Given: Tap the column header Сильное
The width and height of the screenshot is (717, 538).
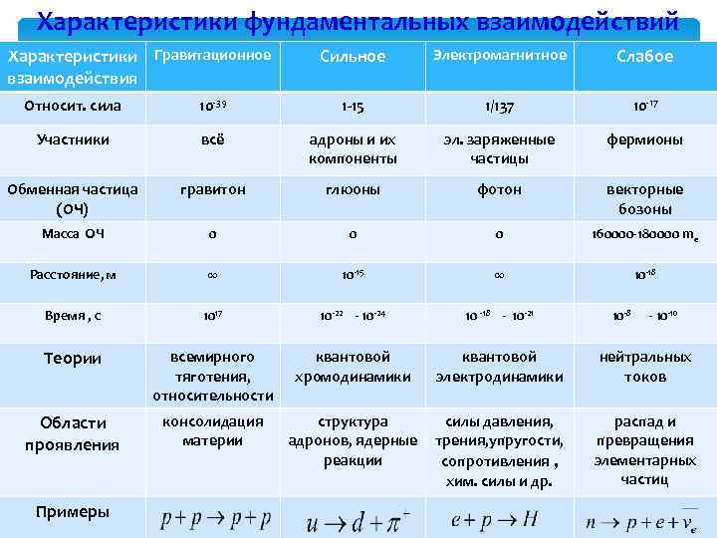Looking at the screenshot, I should (x=353, y=57).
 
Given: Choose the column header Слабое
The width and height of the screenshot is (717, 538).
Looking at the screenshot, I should (x=645, y=57).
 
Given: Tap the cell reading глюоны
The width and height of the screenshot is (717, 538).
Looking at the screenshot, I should (x=353, y=189).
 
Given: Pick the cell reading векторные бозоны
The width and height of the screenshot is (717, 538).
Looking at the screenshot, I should (x=645, y=199).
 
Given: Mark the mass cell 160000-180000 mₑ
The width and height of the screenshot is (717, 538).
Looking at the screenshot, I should (x=645, y=235).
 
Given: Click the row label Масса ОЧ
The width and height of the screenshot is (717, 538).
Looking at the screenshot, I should (x=74, y=234).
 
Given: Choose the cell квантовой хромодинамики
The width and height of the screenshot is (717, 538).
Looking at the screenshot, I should (x=353, y=367).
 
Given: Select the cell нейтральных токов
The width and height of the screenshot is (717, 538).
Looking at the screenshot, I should (x=645, y=367).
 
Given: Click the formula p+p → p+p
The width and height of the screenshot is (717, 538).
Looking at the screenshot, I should (x=216, y=518).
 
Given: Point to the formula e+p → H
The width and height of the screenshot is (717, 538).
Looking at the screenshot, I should (x=495, y=518).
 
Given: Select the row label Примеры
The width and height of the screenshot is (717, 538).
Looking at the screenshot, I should (x=73, y=511).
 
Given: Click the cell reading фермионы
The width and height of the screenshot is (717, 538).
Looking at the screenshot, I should (x=645, y=139).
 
